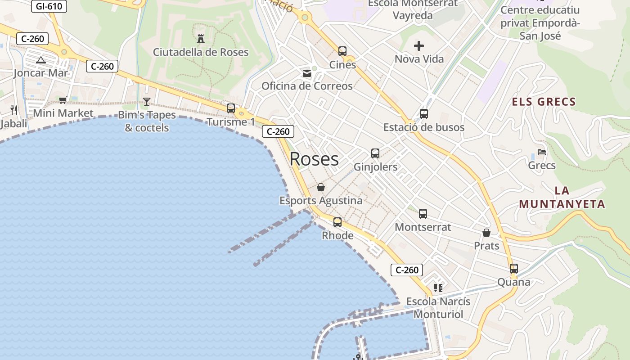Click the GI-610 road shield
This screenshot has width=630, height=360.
(x=49, y=6)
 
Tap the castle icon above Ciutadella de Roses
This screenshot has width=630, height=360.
(x=201, y=39)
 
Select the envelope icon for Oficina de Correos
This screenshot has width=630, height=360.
(x=307, y=73)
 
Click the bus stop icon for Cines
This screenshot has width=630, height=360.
(x=342, y=51)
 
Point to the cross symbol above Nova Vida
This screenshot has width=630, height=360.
(x=419, y=46)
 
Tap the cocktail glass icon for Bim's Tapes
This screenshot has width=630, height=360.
(x=146, y=102)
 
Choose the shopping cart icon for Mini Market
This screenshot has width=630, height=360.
(x=63, y=100)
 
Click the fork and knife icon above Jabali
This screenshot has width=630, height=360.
(x=14, y=110)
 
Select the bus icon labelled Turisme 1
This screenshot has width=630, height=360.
(x=231, y=108)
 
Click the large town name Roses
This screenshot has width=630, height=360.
(x=314, y=159)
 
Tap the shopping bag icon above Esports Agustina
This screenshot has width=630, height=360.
(x=321, y=187)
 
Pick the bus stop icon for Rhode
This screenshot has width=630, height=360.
(x=337, y=222)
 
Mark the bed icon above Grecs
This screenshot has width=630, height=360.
(x=542, y=153)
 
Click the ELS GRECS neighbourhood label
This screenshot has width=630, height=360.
(x=544, y=102)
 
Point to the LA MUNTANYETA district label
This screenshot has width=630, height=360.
(x=562, y=197)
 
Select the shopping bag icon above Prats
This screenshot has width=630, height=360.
(x=486, y=233)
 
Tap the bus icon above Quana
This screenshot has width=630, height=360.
(x=514, y=269)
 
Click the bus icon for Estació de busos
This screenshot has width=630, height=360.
(x=424, y=114)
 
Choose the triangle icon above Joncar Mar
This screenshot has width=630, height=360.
(x=41, y=60)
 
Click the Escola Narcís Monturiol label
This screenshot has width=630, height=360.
(x=438, y=308)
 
